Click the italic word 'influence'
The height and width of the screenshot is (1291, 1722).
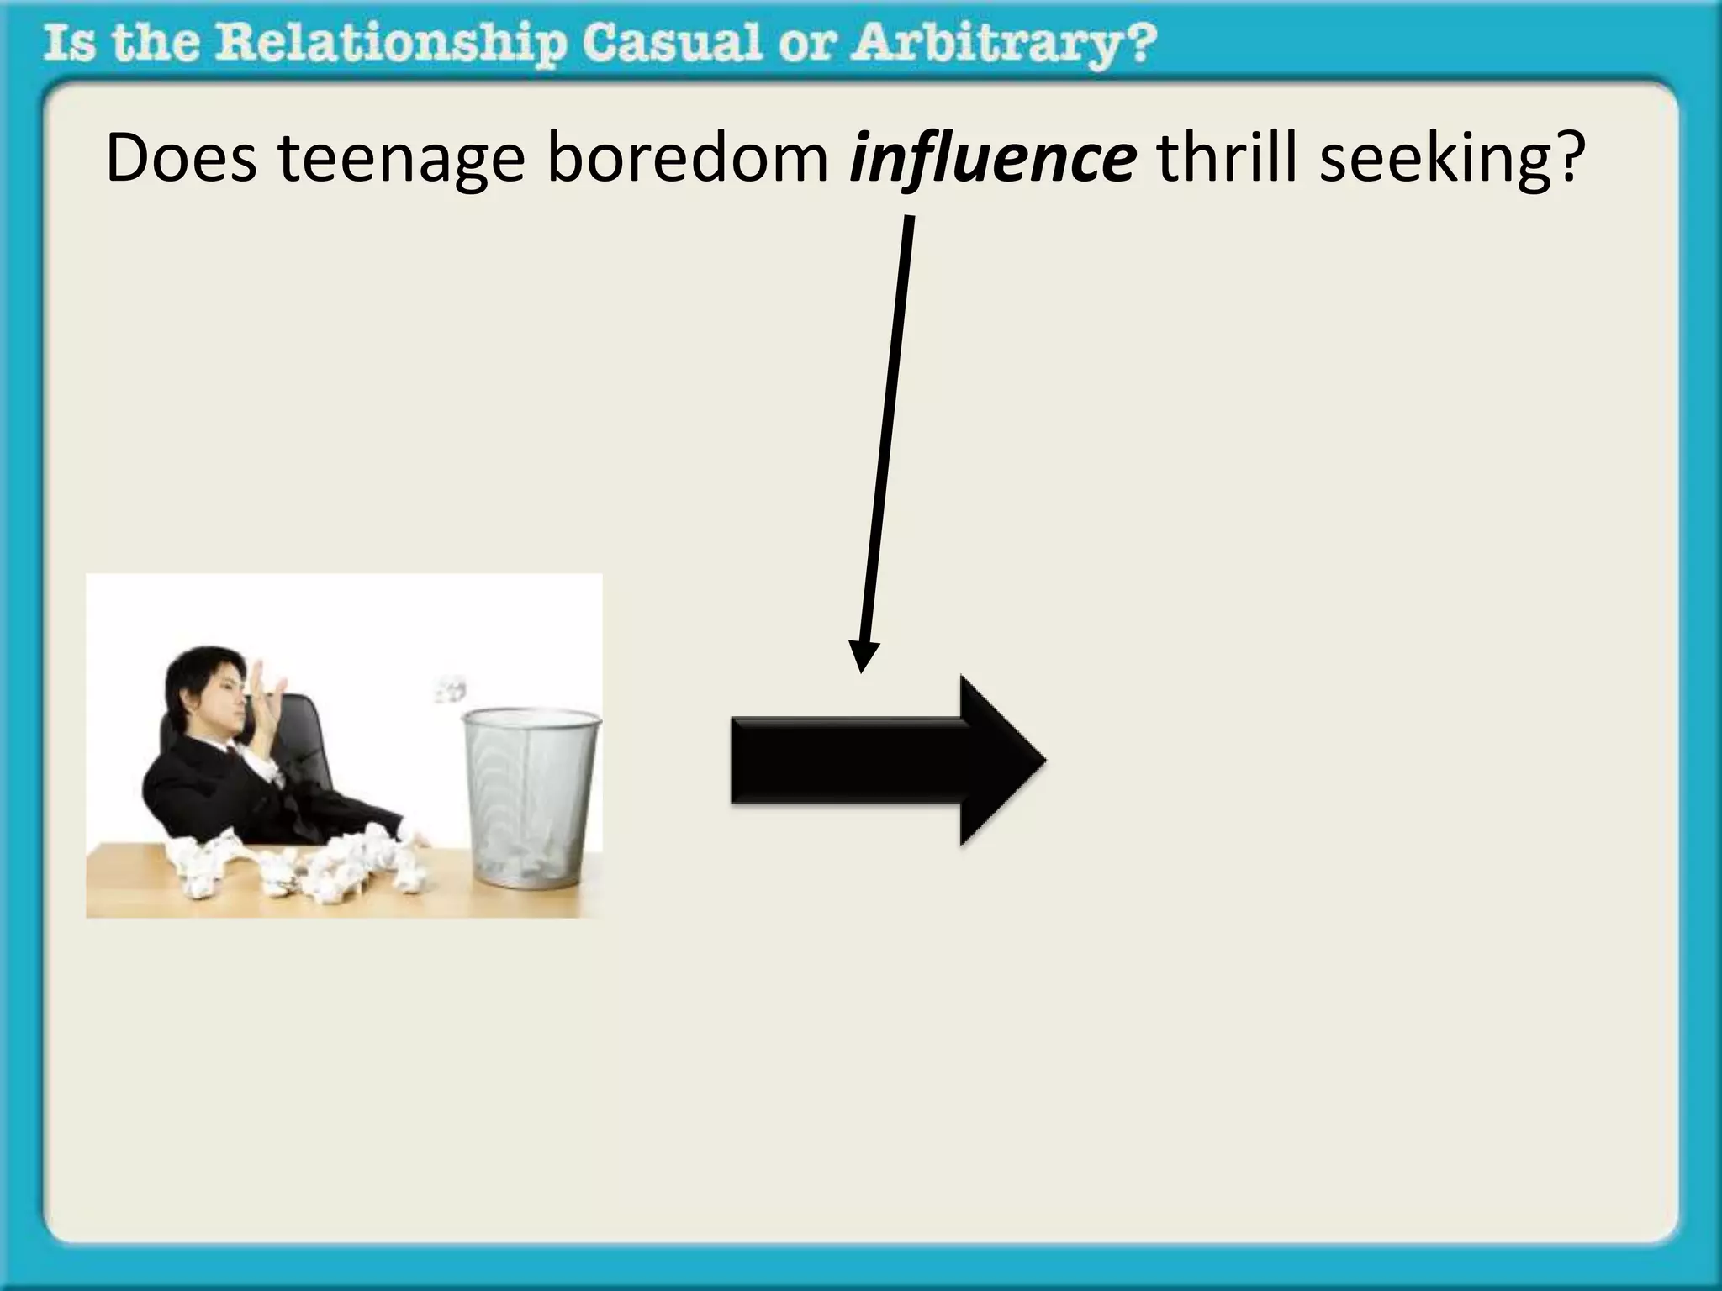click(x=992, y=160)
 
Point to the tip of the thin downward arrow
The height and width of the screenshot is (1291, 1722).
click(x=862, y=670)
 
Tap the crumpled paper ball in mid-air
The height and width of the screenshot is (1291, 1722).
click(x=451, y=688)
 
